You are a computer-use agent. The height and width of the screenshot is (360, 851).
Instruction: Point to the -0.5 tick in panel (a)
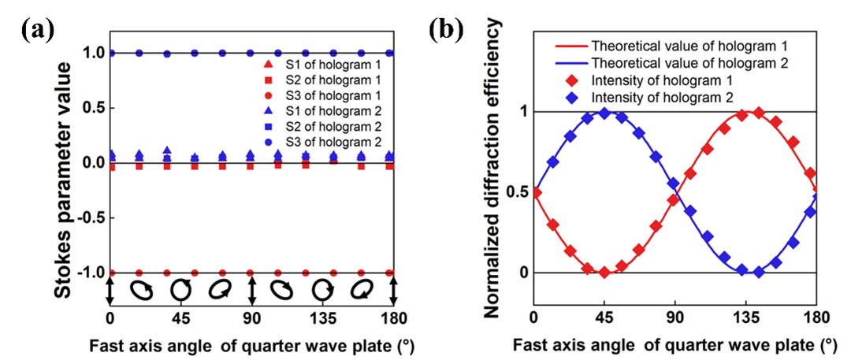(89, 217)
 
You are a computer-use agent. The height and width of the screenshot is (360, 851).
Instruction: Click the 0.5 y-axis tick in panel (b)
(512, 192)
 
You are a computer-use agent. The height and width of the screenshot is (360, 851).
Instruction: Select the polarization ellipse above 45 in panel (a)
(181, 290)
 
